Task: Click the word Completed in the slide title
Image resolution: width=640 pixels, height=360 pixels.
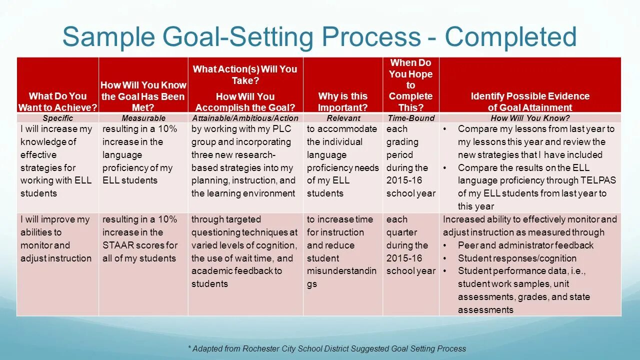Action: (510, 37)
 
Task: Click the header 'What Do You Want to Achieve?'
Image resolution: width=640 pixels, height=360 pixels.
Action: (57, 101)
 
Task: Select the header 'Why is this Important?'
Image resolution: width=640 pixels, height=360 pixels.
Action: (342, 101)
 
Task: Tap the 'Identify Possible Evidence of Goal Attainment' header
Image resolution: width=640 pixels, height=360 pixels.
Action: (530, 101)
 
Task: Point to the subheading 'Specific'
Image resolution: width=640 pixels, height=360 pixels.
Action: (57, 118)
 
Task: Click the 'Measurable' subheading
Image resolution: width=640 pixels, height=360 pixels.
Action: (143, 118)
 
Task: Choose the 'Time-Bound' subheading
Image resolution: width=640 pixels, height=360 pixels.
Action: (410, 118)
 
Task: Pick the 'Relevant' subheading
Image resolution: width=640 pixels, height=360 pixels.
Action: (343, 118)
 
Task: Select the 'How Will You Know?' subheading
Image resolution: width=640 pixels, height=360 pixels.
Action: (530, 118)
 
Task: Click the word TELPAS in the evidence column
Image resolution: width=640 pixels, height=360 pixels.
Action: (598, 180)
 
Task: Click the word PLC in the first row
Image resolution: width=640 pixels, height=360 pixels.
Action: (281, 129)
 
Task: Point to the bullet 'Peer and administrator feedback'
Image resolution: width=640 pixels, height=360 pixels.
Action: (525, 245)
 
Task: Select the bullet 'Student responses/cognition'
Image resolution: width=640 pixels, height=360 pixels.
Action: (517, 258)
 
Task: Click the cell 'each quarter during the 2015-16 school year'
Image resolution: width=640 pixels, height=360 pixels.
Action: (410, 245)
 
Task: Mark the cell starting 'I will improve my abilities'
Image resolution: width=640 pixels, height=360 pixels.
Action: (56, 239)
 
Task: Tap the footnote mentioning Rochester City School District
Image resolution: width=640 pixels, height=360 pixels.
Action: (327, 348)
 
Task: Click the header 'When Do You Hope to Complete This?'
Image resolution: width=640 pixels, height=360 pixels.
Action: (410, 84)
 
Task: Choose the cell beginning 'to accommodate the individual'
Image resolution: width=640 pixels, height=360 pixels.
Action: (342, 161)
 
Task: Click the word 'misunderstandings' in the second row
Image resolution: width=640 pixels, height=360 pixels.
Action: (341, 271)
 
